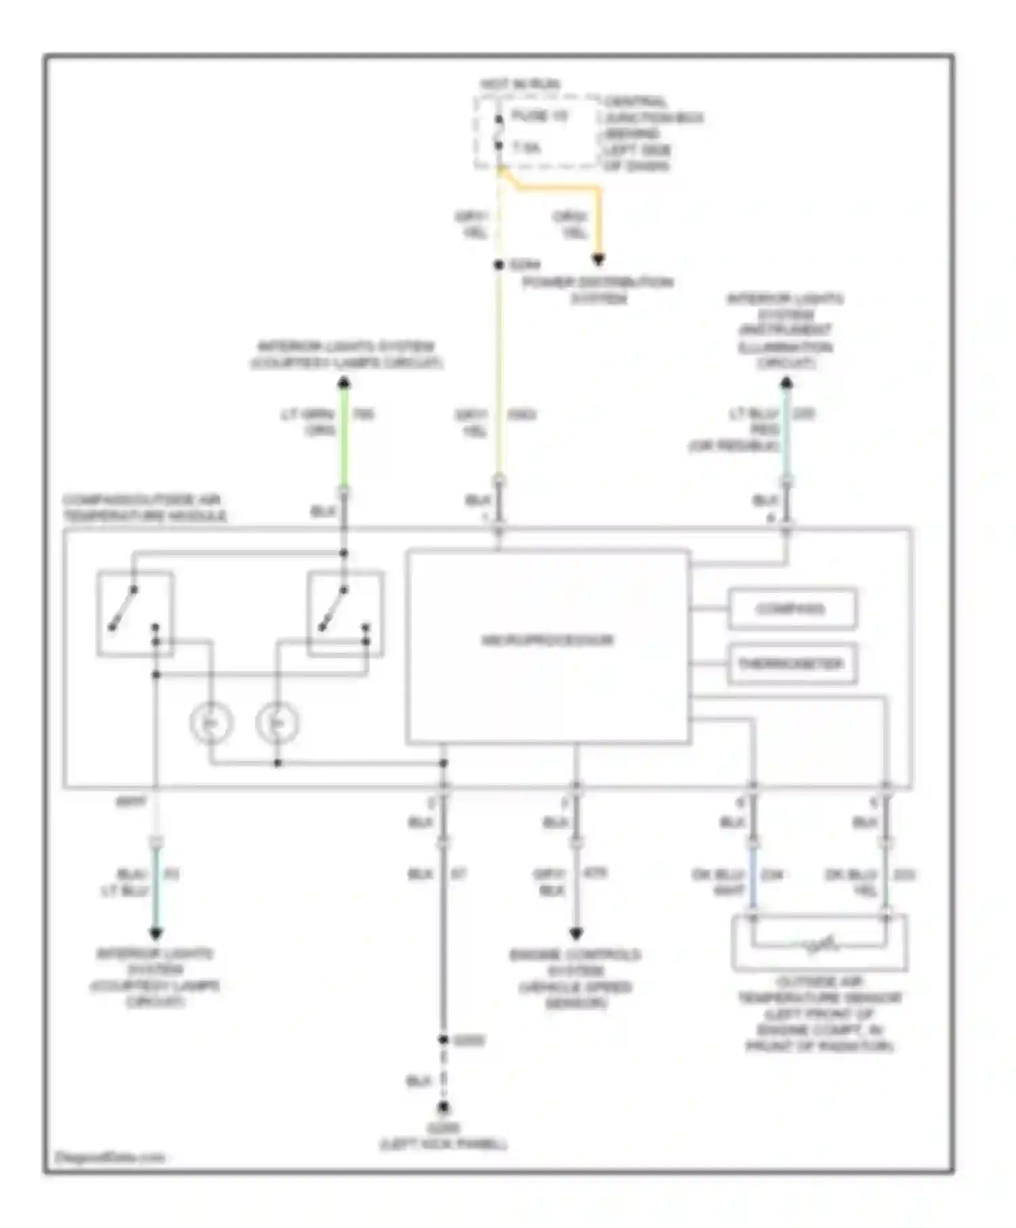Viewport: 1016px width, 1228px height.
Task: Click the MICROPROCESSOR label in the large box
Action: [x=547, y=640]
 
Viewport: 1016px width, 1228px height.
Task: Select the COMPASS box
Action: [x=791, y=609]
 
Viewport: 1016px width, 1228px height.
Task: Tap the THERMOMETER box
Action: [x=791, y=663]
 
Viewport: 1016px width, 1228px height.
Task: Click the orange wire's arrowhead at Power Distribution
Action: [x=598, y=259]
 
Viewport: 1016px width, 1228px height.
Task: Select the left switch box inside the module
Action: [x=135, y=613]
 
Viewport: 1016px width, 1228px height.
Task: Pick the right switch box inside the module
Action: [x=345, y=613]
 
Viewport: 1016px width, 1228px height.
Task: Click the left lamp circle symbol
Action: [x=211, y=723]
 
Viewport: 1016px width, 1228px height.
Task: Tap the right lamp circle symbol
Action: [x=278, y=723]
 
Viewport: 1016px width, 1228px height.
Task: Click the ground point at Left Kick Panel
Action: [x=443, y=1108]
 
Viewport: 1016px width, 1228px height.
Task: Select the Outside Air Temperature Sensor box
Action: [x=819, y=943]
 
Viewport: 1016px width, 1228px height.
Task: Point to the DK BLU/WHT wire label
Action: [x=719, y=883]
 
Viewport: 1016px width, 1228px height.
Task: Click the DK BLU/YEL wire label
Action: [x=851, y=883]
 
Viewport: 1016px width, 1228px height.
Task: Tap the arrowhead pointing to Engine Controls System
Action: [x=576, y=934]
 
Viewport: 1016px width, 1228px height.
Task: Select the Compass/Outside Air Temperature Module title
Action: [x=144, y=508]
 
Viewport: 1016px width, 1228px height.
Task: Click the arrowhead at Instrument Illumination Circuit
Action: [x=786, y=383]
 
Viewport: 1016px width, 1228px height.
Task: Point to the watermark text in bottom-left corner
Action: [x=109, y=1157]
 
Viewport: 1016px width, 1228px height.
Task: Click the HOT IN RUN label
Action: [x=520, y=85]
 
